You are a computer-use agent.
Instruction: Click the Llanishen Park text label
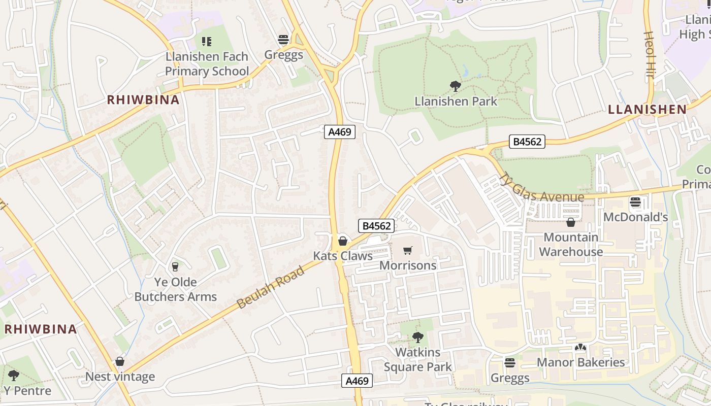coord(456,101)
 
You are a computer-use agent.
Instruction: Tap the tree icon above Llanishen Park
coord(456,86)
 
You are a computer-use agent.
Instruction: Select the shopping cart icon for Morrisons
coord(408,250)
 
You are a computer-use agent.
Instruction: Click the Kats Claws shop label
coord(343,256)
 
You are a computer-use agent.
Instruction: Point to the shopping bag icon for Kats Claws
coord(343,241)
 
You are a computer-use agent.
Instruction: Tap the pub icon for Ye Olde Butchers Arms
coord(175,266)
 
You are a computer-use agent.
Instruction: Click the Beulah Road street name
coord(271,287)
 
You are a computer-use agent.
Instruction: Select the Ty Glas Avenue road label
coord(541,189)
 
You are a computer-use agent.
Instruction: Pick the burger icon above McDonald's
coord(635,202)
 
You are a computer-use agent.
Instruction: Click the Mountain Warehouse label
coord(571,245)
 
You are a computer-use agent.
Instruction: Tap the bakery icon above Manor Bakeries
coord(580,348)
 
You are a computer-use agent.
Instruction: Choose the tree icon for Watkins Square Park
coord(417,337)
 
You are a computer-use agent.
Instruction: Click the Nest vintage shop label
coord(120,377)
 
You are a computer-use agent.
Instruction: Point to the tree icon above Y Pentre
coord(14,376)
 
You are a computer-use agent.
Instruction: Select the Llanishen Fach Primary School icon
coord(206,41)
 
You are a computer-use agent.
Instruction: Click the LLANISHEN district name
coord(647,109)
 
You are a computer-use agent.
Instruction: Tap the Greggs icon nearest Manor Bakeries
coord(510,363)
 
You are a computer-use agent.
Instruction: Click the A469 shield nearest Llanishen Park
coord(340,132)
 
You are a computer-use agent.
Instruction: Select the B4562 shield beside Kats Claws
coord(376,226)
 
